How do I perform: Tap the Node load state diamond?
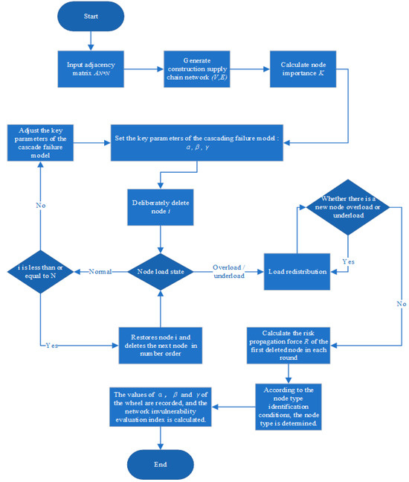[160, 271]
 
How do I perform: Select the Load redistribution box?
[298, 271]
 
